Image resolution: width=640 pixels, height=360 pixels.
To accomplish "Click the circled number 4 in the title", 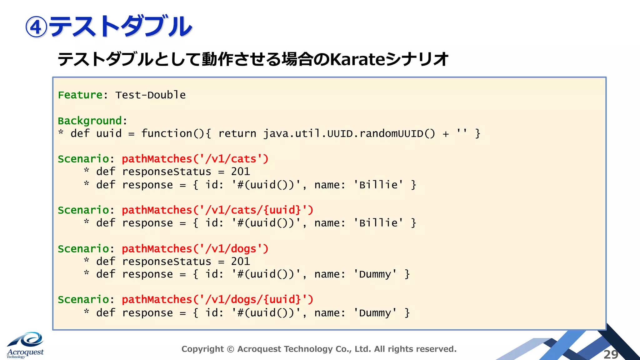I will tap(36, 27).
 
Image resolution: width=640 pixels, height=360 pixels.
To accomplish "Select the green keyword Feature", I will tap(80, 95).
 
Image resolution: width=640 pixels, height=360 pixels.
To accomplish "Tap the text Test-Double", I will tap(150, 95).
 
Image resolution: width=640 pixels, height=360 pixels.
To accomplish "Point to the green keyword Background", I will tap(90, 121).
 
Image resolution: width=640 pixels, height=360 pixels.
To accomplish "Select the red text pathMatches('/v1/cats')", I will tap(195, 159).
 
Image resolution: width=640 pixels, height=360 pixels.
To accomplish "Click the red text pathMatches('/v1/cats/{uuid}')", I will tap(217, 210).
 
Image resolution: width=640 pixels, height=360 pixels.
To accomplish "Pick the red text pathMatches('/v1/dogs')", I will tap(195, 249).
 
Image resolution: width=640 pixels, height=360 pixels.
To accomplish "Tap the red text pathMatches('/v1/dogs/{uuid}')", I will tap(217, 300).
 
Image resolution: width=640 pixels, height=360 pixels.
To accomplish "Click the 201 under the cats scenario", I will tap(241, 172).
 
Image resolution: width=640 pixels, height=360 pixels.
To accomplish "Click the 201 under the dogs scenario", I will tap(241, 262).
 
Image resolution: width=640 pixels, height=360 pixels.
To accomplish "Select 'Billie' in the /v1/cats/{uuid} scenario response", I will tap(378, 223).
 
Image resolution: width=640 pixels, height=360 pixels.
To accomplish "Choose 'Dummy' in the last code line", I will tap(375, 313).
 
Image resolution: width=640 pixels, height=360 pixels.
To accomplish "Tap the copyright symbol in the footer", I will tap(230, 349).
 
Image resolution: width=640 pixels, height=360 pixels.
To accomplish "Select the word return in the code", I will tap(237, 134).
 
